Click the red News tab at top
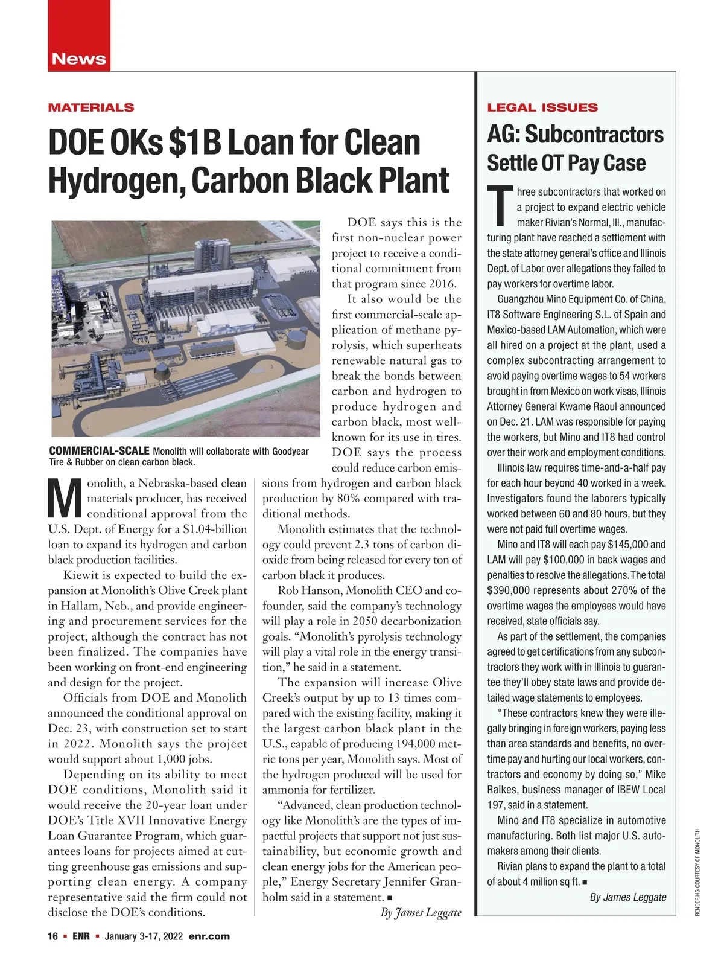click(x=79, y=59)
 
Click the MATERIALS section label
click(x=91, y=107)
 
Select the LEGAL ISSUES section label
click(x=542, y=107)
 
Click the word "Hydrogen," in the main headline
click(x=116, y=180)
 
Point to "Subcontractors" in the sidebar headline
click(x=594, y=135)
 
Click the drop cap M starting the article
click(x=64, y=498)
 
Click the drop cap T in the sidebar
click(x=500, y=207)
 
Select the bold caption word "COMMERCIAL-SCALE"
click(x=99, y=451)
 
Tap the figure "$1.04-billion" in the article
click(x=215, y=529)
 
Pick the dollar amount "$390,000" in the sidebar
click(x=512, y=590)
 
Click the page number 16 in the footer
click(x=53, y=936)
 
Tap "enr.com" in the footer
click(x=209, y=936)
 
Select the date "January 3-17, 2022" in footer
click(x=144, y=936)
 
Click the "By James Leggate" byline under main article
click(x=421, y=912)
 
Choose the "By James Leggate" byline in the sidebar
click(x=627, y=897)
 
